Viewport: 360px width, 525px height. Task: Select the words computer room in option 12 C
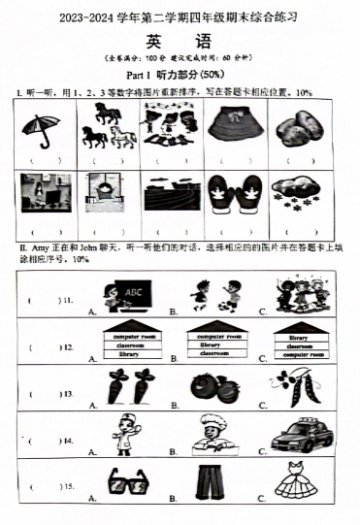297,355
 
